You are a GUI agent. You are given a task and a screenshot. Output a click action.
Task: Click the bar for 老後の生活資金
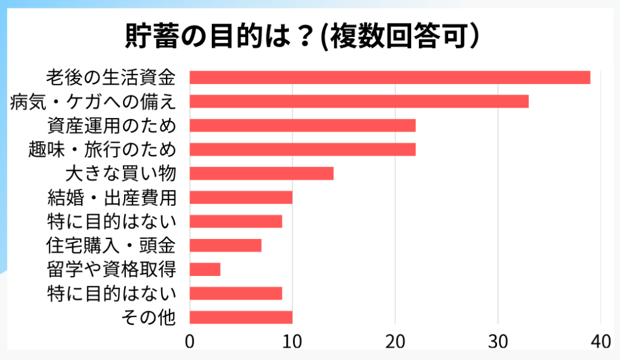[390, 77]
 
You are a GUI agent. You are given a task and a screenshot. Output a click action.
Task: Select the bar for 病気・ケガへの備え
[359, 102]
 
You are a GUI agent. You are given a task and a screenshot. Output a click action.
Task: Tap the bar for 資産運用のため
[303, 125]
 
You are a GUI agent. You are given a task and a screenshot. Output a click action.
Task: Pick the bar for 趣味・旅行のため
[303, 149]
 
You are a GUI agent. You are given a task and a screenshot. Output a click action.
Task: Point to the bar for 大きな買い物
[262, 174]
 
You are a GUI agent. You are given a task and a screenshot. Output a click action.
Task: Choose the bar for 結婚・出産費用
[241, 197]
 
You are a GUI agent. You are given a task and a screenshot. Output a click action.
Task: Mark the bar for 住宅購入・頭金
[225, 245]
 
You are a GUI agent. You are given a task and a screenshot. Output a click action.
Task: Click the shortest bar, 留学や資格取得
[205, 269]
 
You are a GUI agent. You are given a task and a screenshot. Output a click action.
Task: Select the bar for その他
[241, 317]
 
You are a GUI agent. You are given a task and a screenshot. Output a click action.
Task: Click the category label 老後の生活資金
[111, 77]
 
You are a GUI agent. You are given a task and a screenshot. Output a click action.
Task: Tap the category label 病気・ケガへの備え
[93, 102]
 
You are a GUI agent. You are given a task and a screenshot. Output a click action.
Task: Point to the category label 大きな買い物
[120, 174]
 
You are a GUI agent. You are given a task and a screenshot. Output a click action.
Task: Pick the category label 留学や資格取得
[111, 269]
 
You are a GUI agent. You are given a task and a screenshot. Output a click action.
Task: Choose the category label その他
[148, 317]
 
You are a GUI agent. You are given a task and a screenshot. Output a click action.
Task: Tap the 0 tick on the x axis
[190, 342]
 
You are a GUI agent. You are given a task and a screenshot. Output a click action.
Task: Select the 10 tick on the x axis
[292, 342]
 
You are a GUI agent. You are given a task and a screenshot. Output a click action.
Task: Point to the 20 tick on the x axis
[395, 342]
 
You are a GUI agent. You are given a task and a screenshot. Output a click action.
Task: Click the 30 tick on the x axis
[498, 342]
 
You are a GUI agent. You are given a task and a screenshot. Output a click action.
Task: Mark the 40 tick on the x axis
[600, 342]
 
